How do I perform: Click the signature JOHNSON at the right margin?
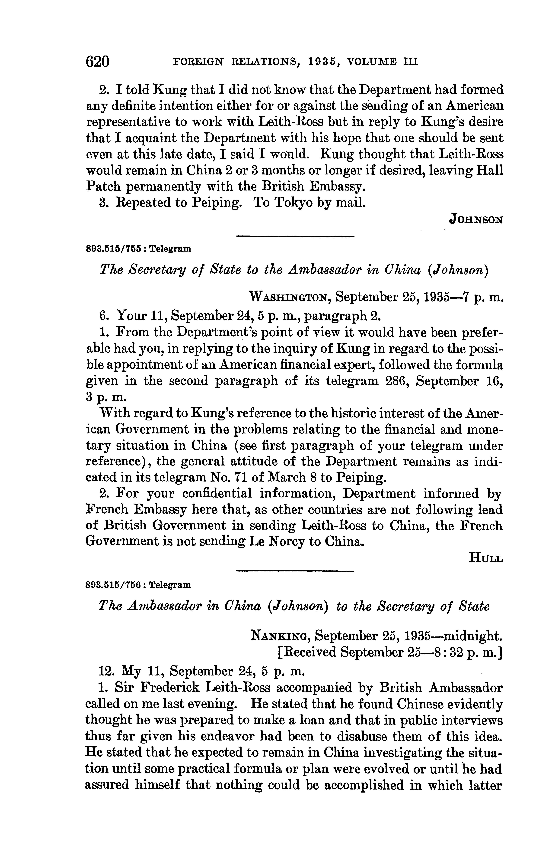476,220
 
